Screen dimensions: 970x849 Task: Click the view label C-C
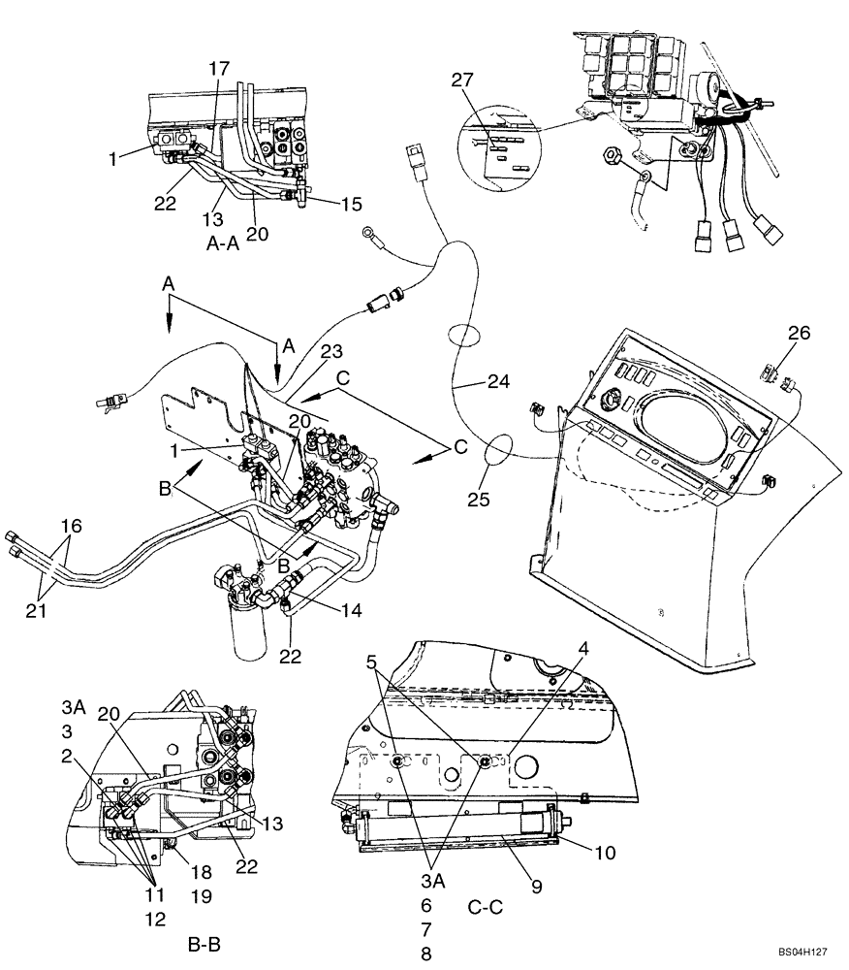click(x=485, y=907)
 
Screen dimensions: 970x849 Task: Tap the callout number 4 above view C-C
click(x=584, y=647)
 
